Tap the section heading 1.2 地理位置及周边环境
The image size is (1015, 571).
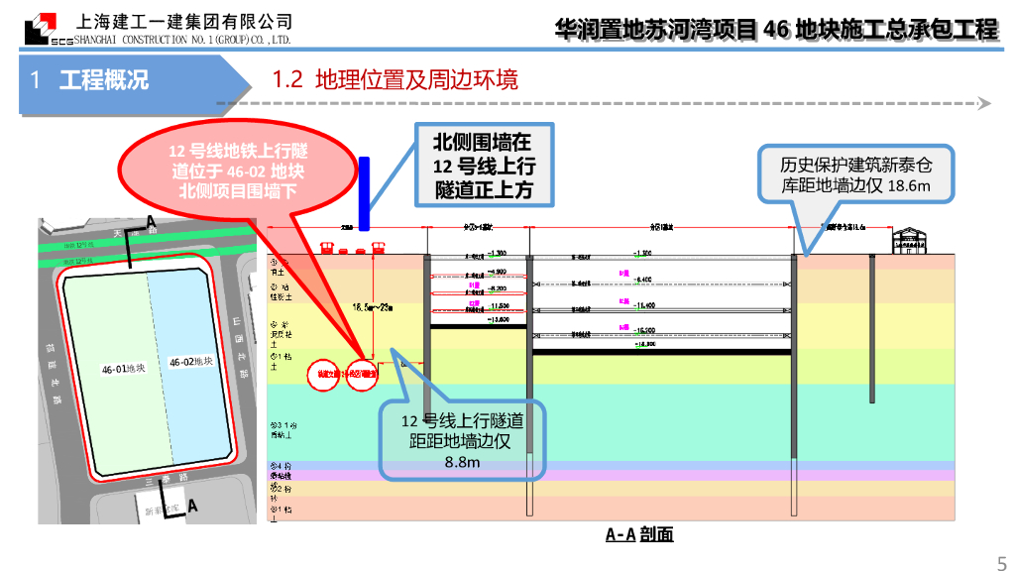click(395, 79)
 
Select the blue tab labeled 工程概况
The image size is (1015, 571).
click(103, 79)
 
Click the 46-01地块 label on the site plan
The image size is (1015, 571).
click(123, 369)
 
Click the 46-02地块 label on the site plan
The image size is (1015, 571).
click(191, 362)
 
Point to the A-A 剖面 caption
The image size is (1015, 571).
click(639, 534)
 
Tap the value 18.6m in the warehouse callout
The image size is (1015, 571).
click(909, 185)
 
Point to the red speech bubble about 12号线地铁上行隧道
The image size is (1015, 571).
click(238, 170)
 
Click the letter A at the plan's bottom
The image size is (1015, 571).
click(192, 506)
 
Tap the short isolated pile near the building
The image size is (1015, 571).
click(871, 327)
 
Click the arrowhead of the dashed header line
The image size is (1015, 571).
click(984, 103)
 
